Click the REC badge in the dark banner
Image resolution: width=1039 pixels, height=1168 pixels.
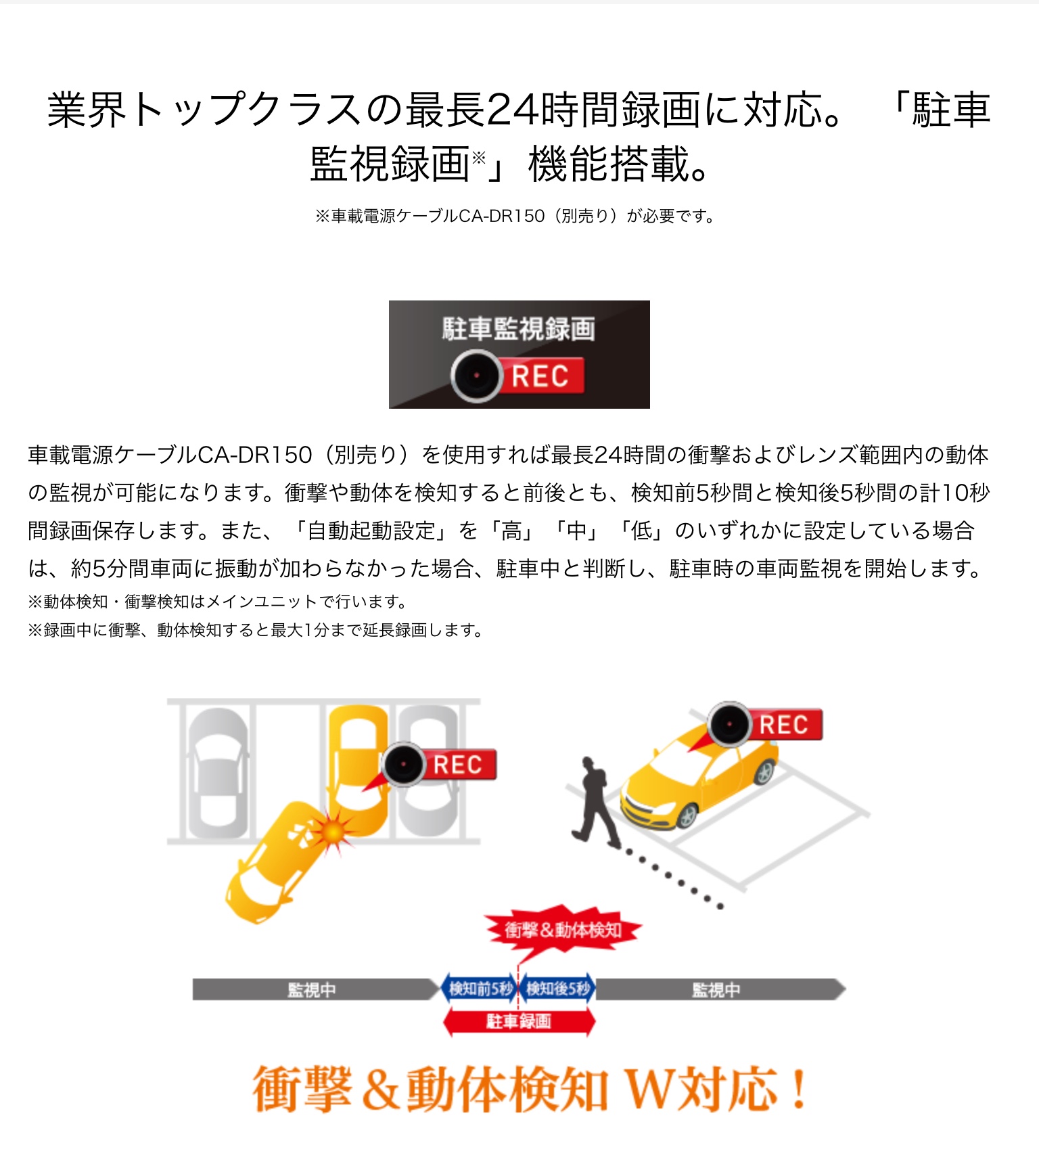coord(542,376)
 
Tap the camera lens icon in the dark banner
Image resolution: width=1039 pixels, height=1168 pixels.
coord(477,376)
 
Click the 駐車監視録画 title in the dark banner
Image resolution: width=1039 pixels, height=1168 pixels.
coord(519,329)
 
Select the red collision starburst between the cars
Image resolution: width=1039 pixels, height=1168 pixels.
coord(333,832)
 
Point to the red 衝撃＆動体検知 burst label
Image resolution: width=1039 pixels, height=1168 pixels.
coord(563,930)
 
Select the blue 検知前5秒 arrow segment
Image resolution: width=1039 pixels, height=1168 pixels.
coord(479,989)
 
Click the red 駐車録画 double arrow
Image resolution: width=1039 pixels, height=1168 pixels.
coord(519,1021)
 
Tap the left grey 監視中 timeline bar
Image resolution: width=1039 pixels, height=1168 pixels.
coord(315,990)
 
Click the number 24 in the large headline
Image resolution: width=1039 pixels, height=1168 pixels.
coord(510,110)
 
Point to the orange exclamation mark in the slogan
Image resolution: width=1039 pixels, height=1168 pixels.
coord(800,1089)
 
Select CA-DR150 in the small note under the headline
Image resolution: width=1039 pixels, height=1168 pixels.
coord(501,217)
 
